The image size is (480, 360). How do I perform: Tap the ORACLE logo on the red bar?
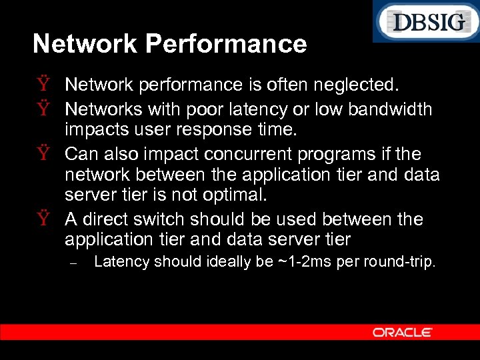pyautogui.click(x=403, y=332)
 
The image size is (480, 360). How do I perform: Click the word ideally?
pyautogui.click(x=231, y=261)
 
